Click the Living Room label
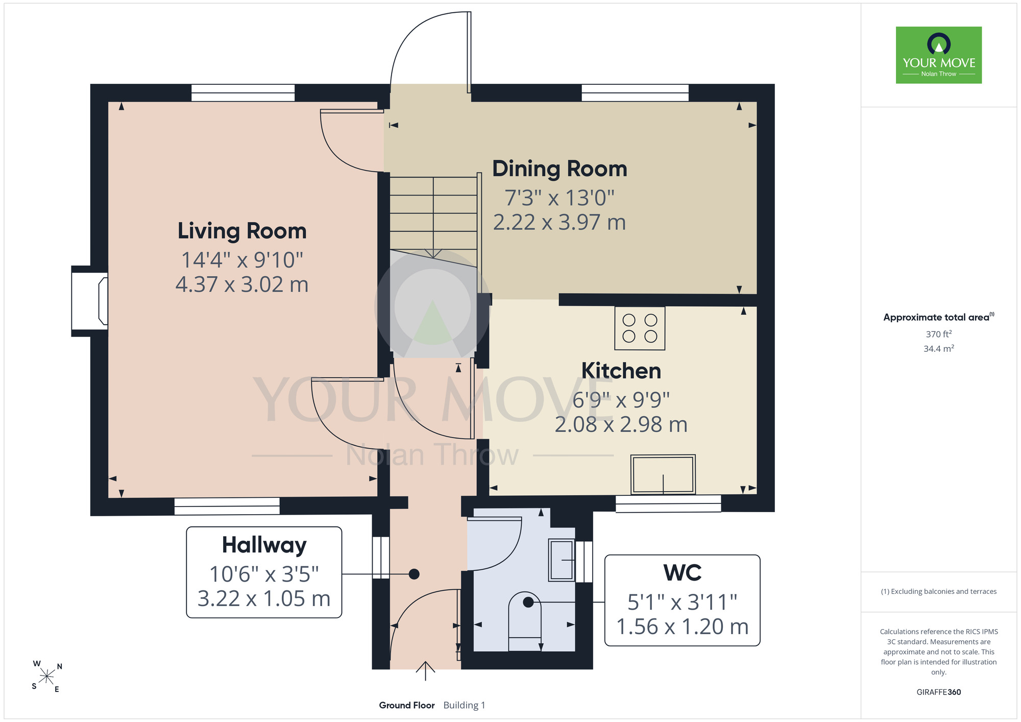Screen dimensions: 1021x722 [242, 231]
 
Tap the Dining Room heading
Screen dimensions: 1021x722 [560, 169]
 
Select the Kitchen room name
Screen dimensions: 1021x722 [621, 371]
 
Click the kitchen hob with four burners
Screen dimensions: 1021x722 [640, 328]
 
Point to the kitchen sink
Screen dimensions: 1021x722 [663, 474]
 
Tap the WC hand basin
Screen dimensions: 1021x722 [562, 560]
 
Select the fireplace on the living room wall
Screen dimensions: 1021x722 [90, 301]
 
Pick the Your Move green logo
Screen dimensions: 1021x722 [939, 55]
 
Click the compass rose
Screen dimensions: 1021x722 [47, 677]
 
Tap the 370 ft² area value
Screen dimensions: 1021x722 [939, 334]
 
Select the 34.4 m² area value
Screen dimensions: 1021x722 [939, 349]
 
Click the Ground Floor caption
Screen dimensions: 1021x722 [407, 705]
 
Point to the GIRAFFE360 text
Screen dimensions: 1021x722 [939, 692]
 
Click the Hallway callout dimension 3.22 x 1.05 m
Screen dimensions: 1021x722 [264, 598]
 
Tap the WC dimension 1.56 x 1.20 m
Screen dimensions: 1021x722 [683, 627]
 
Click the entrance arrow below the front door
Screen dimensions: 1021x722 [425, 671]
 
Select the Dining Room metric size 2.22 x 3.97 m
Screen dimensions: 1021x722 [560, 222]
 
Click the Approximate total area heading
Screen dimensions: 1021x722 [939, 317]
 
